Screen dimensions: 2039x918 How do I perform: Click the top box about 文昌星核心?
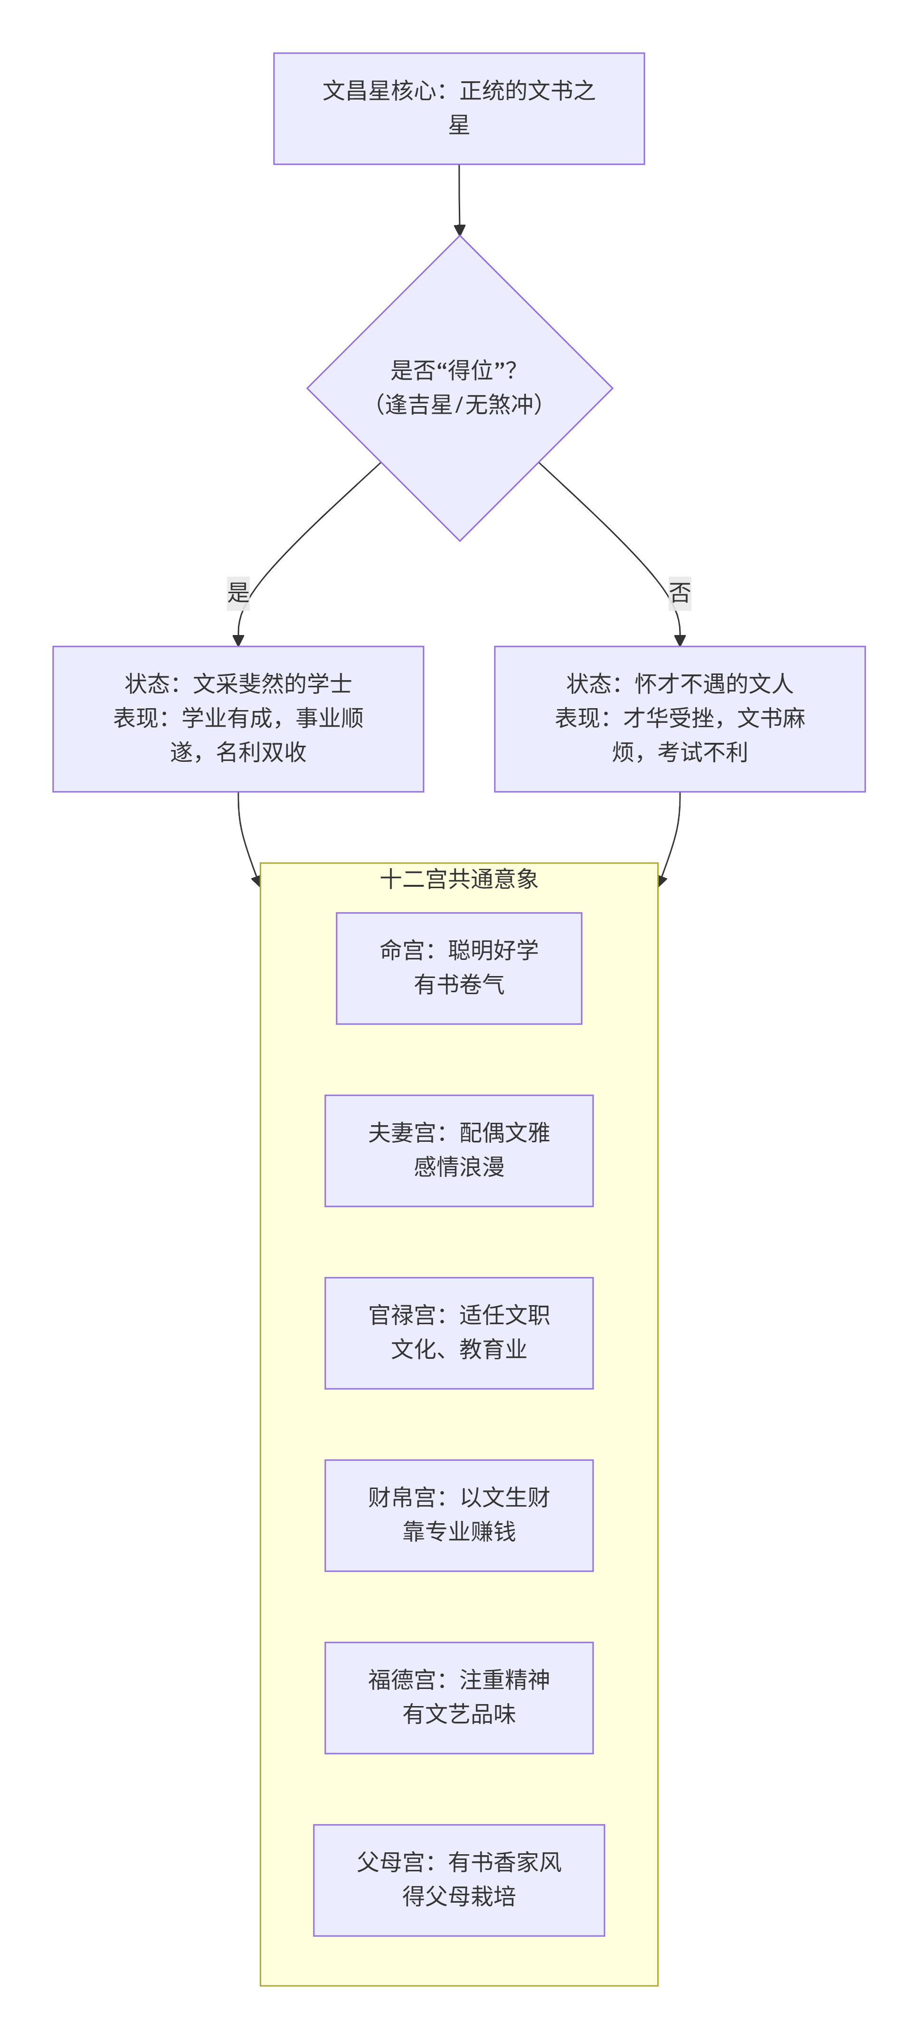pos(459,108)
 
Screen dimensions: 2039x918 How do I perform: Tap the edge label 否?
pos(680,593)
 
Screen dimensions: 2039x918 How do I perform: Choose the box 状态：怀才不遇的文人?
pos(680,719)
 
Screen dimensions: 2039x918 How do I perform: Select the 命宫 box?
pos(459,968)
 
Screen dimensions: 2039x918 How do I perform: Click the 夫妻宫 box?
pos(459,1150)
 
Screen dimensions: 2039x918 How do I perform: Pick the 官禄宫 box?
pos(459,1333)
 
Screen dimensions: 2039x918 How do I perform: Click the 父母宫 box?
pos(459,1880)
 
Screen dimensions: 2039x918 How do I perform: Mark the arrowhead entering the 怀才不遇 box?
pos(680,640)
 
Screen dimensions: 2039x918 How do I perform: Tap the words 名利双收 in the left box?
pos(261,752)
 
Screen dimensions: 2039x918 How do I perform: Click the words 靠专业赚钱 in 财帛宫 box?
pos(459,1532)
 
